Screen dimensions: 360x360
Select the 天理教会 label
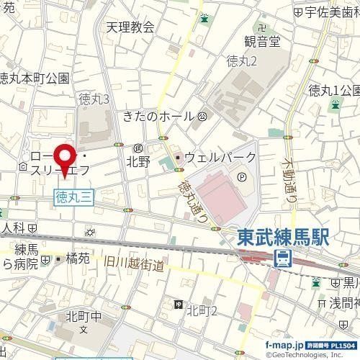click(130, 27)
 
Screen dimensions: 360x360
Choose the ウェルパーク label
click(220, 157)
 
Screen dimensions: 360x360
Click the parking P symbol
click(242, 174)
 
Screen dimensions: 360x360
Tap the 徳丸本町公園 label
click(34, 77)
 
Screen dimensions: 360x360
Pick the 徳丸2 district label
click(241, 62)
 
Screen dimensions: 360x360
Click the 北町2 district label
click(202, 310)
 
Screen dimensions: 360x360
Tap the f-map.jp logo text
click(283, 346)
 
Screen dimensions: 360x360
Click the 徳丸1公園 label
click(331, 90)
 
